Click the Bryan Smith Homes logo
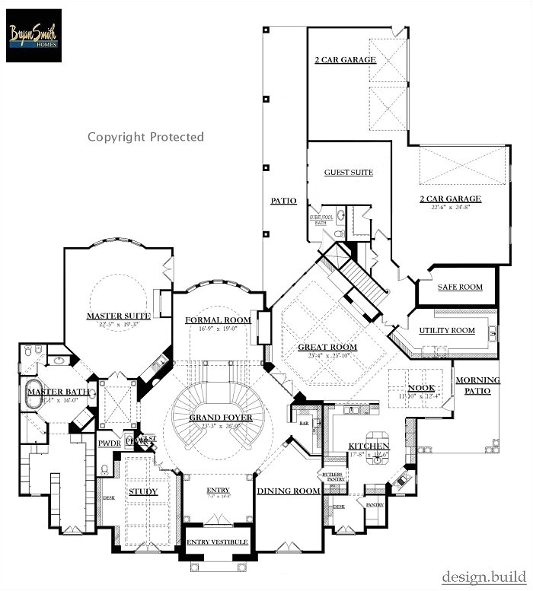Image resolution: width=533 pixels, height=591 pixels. [x=34, y=34]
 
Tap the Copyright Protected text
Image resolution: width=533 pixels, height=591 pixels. [x=145, y=137]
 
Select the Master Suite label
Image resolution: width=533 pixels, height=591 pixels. [x=118, y=316]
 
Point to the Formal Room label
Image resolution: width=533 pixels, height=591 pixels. [x=218, y=320]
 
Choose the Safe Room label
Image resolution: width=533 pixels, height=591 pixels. [x=460, y=288]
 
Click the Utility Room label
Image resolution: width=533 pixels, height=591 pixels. [x=447, y=331]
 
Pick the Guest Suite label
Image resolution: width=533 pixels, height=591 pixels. [x=349, y=173]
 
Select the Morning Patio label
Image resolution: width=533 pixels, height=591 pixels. [x=477, y=386]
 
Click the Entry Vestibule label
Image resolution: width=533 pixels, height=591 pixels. [x=217, y=542]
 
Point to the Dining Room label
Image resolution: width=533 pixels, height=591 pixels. [x=288, y=491]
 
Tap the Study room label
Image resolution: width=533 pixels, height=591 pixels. [x=142, y=492]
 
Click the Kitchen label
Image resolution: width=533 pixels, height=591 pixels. [x=369, y=446]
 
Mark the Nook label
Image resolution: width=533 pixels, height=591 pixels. [x=421, y=387]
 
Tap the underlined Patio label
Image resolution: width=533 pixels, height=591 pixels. [x=283, y=202]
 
